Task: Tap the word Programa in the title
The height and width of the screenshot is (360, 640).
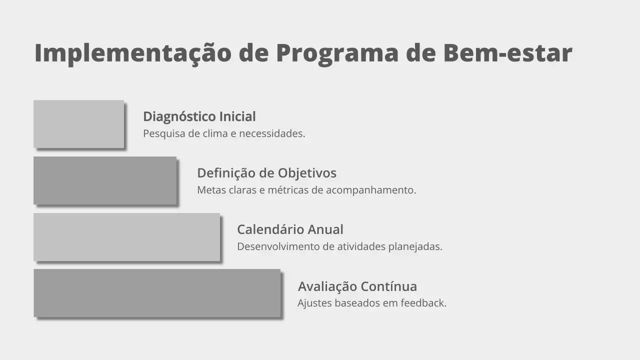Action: pyautogui.click(x=337, y=53)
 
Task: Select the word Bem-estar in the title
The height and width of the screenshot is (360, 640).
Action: pyautogui.click(x=507, y=53)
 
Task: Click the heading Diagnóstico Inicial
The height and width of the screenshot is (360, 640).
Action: pyautogui.click(x=199, y=116)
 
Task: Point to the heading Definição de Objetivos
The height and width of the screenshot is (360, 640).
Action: pyautogui.click(x=266, y=173)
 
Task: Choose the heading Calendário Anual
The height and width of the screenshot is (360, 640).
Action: pyautogui.click(x=290, y=229)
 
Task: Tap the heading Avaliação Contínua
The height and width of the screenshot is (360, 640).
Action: pyautogui.click(x=357, y=286)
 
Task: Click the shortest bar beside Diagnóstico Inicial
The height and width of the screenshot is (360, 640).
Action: pyautogui.click(x=78, y=124)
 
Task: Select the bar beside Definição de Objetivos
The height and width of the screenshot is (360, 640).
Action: pyautogui.click(x=105, y=180)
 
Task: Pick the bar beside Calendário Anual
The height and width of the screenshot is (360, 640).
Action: pyautogui.click(x=126, y=237)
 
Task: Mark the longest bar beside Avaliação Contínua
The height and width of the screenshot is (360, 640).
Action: pyautogui.click(x=157, y=293)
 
